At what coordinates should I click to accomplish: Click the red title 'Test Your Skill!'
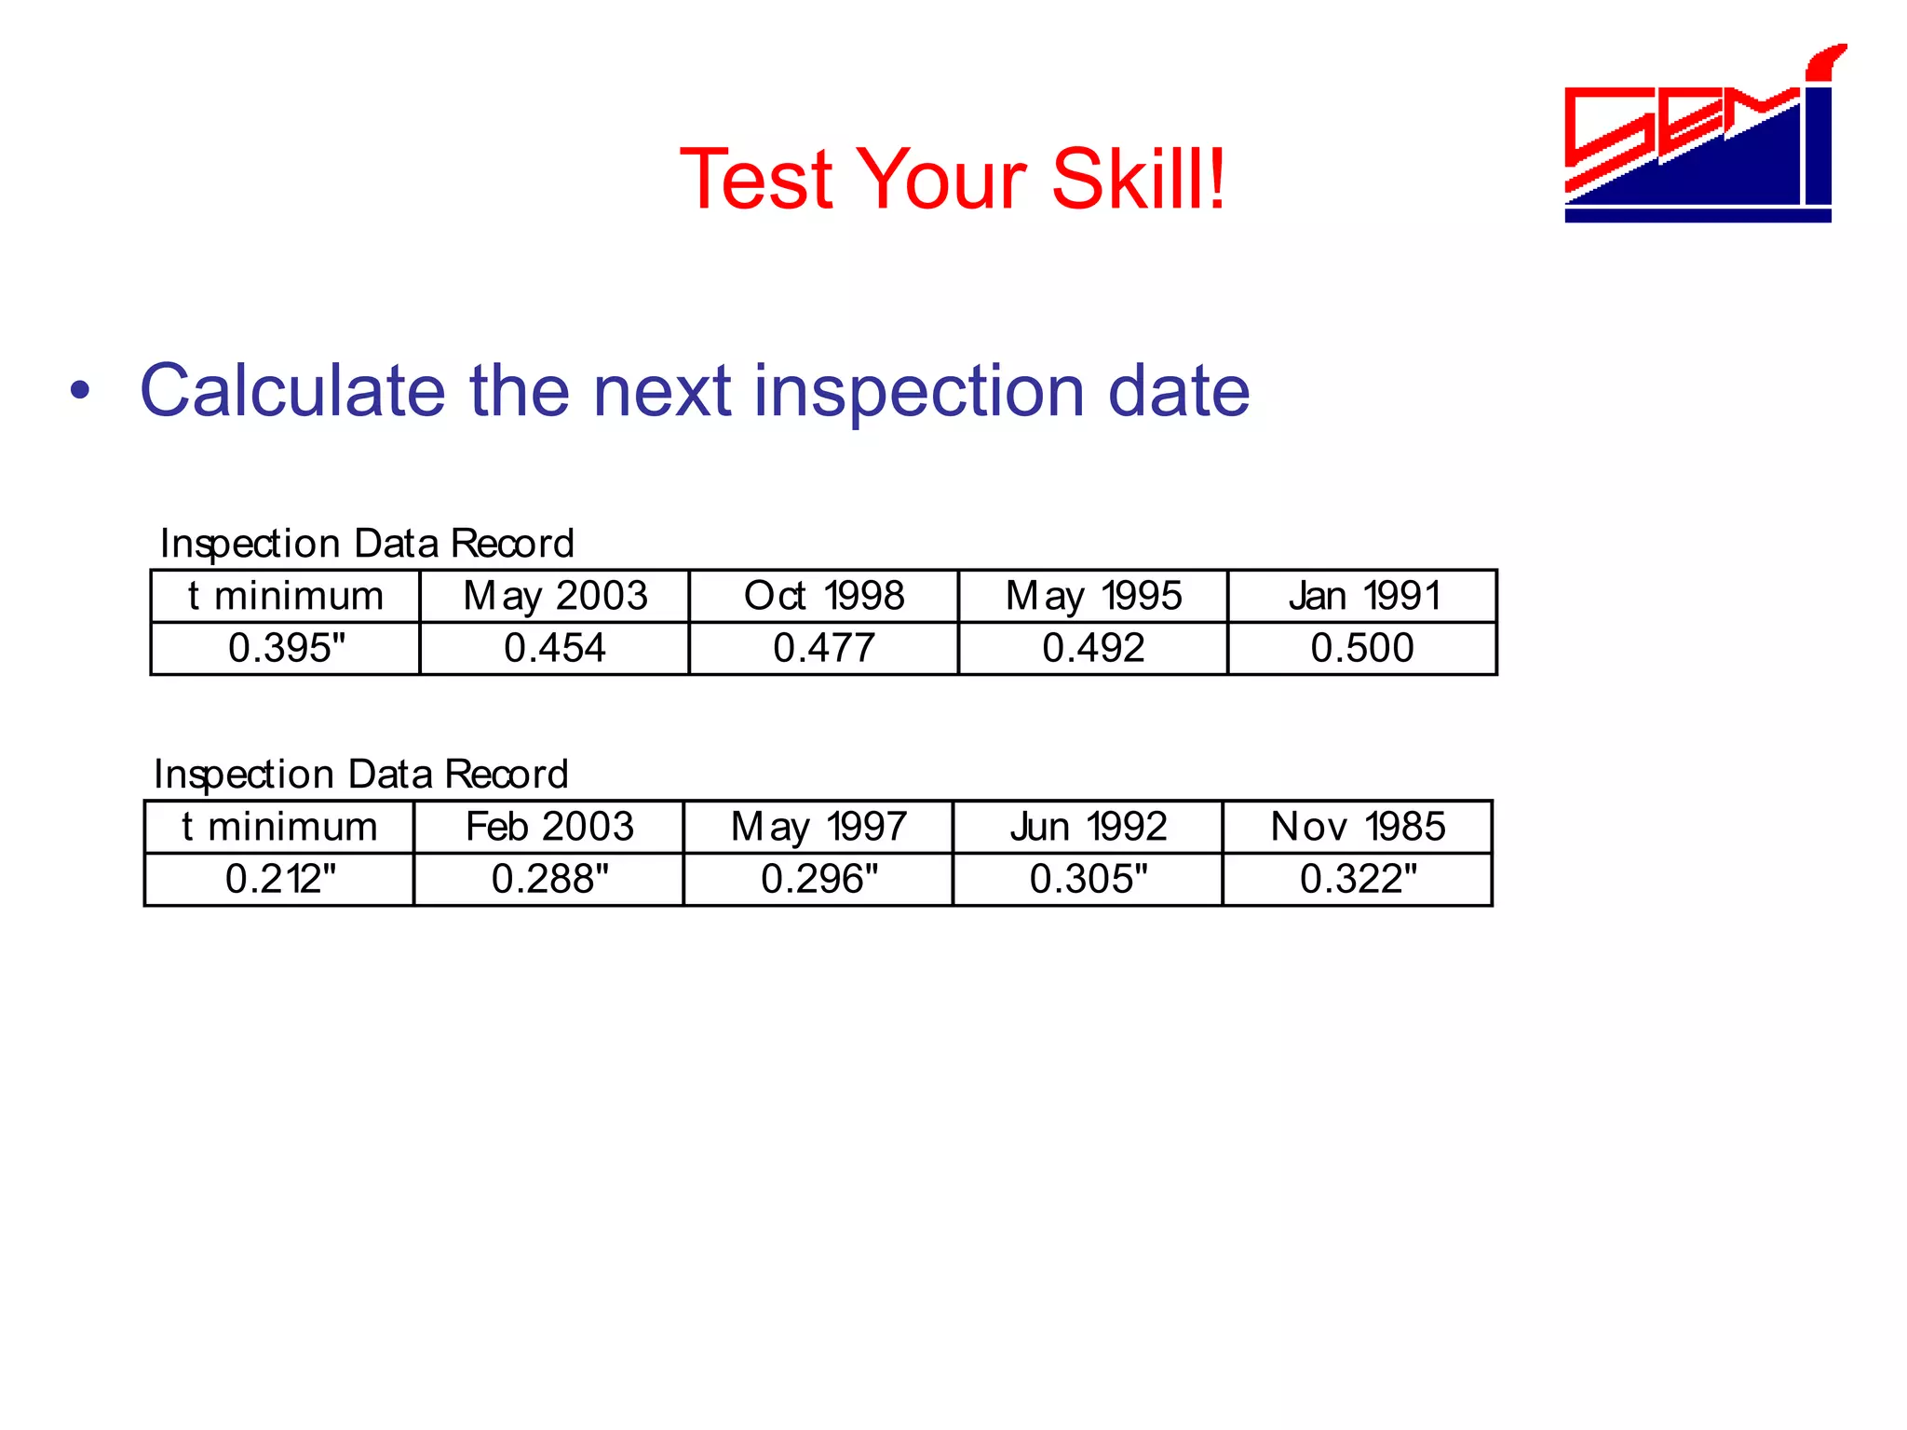953,179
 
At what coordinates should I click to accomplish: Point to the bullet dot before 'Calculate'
81,391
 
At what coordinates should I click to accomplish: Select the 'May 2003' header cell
555,596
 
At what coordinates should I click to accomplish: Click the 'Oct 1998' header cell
824,596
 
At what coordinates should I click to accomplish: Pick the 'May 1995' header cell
1093,596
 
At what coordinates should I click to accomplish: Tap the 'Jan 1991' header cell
1363,596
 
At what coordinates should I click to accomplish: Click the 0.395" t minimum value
286,648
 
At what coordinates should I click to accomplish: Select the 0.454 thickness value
555,648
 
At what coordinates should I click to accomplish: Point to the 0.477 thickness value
824,648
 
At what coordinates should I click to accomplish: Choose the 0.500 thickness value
1362,648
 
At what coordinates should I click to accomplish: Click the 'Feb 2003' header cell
549,827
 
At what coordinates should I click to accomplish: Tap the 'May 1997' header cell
818,827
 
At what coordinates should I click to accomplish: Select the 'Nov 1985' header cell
1358,827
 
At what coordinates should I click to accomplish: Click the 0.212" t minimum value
280,879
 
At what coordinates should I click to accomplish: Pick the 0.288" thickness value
549,879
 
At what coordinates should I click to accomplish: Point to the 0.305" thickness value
1089,879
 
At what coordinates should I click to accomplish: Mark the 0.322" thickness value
1358,879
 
